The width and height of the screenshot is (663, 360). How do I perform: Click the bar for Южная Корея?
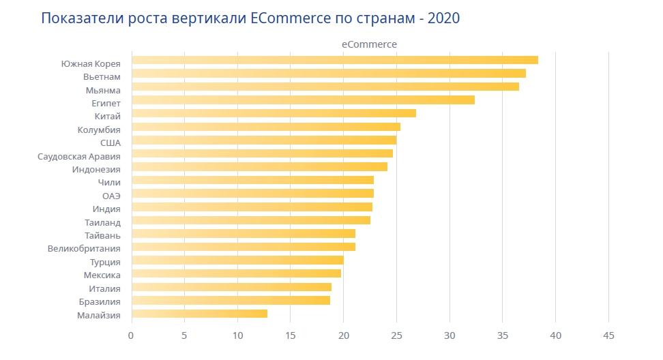point(334,60)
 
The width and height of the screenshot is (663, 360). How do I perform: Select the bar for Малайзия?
point(199,314)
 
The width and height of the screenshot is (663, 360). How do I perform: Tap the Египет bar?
point(303,100)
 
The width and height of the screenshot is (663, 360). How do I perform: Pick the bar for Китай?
point(274,113)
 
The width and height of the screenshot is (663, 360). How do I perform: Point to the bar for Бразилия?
point(231,300)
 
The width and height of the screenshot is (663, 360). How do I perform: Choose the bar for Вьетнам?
point(328,73)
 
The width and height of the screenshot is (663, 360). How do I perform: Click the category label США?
point(110,142)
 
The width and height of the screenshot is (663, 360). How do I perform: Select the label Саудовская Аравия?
point(79,156)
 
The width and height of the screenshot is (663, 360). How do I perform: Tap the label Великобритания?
point(84,249)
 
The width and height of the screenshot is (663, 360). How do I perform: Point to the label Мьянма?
point(104,90)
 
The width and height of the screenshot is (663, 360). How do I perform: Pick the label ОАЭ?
point(111,196)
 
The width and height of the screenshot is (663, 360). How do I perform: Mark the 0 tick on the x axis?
point(131,335)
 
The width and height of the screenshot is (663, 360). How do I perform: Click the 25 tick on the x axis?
point(396,335)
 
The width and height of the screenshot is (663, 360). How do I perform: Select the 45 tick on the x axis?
point(609,335)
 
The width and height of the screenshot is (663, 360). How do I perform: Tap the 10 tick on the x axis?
point(237,335)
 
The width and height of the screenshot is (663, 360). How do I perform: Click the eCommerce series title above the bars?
point(369,44)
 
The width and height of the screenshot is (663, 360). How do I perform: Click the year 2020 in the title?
point(442,18)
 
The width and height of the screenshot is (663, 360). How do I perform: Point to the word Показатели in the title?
point(81,18)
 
